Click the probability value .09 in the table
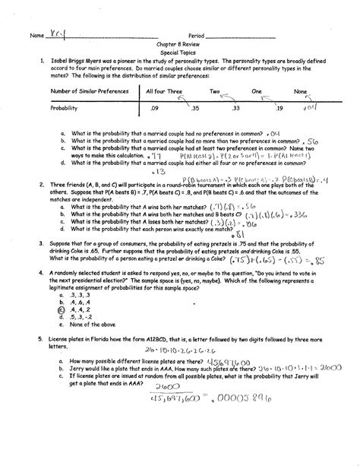tap(155, 109)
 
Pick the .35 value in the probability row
tap(195, 109)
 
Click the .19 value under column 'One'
tap(278, 109)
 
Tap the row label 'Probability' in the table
tap(67, 109)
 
